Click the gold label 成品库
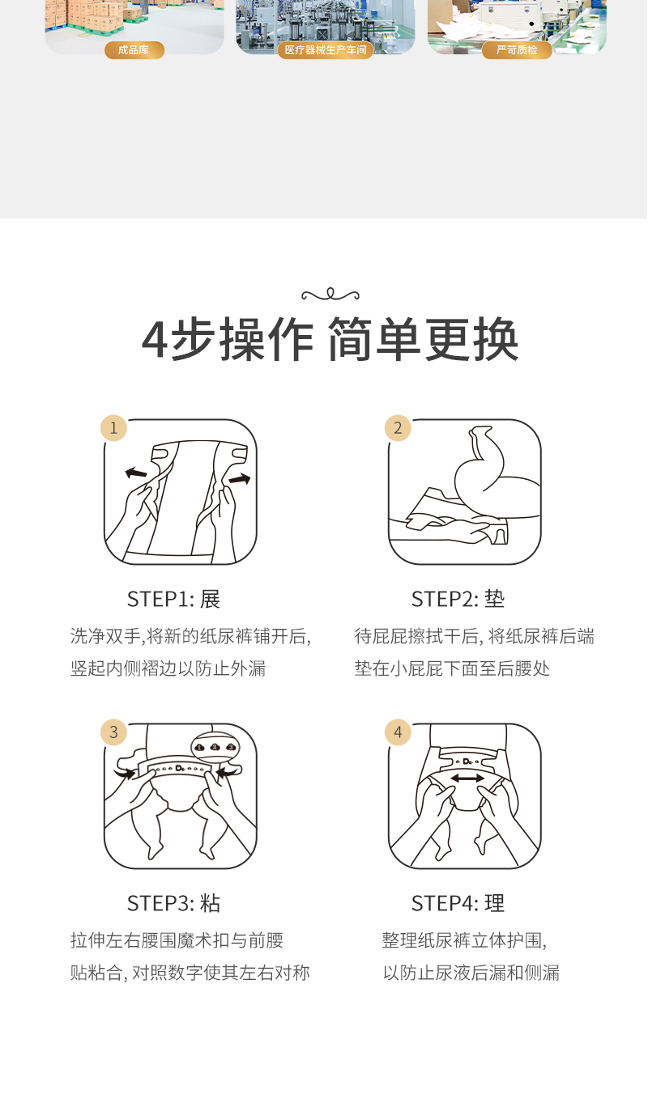[x=134, y=50]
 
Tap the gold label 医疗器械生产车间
[x=326, y=50]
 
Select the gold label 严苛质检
[x=517, y=50]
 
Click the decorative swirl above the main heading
[x=330, y=295]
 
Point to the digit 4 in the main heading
[x=155, y=340]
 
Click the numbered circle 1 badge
[x=114, y=428]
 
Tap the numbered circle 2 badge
[x=399, y=428]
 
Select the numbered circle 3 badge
[x=114, y=732]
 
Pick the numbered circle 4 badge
[x=399, y=732]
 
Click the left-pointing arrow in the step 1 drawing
[x=136, y=473]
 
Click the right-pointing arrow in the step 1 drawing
[x=240, y=478]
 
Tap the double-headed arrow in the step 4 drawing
[x=467, y=778]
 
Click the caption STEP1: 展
[x=173, y=600]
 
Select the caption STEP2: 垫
[x=458, y=600]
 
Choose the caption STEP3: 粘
[x=173, y=904]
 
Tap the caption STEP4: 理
[x=458, y=904]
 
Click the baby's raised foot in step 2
[x=480, y=436]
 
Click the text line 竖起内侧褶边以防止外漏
[x=168, y=668]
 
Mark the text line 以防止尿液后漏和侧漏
[x=471, y=973]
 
